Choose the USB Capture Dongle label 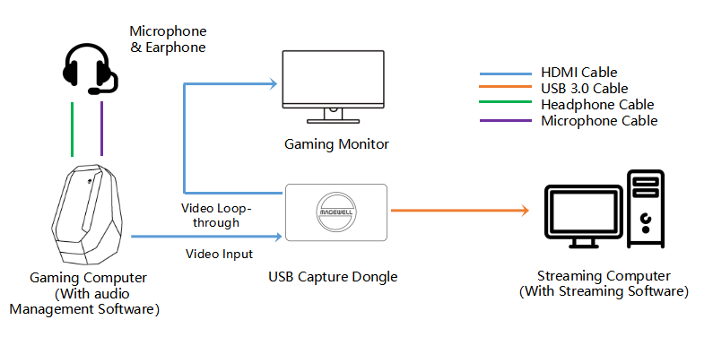click(x=333, y=277)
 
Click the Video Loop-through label click(x=216, y=215)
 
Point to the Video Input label click(x=219, y=255)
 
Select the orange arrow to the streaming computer click(x=457, y=211)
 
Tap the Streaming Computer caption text click(x=604, y=283)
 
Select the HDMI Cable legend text click(x=578, y=73)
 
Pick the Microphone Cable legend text click(x=599, y=121)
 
